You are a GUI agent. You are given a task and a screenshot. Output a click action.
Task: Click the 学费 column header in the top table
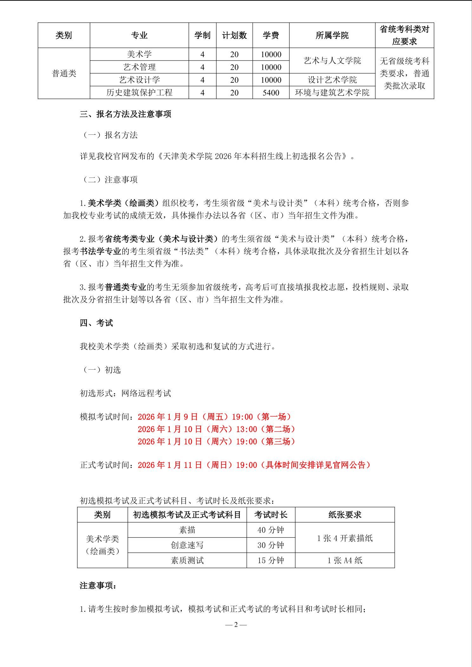coord(271,35)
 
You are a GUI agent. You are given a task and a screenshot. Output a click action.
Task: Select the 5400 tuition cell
coord(271,93)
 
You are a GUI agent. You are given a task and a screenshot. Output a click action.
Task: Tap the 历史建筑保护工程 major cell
coord(139,93)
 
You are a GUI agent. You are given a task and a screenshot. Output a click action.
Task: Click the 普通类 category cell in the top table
coord(64,74)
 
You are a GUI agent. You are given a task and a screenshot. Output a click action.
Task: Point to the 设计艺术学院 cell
coord(332,80)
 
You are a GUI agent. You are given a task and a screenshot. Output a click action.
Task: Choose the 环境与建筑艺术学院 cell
coord(332,93)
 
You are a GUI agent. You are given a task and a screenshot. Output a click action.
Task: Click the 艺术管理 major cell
coord(139,67)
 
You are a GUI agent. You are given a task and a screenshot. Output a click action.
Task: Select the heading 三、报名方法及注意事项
coord(125,114)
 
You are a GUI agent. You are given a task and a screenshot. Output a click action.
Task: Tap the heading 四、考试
coord(96,323)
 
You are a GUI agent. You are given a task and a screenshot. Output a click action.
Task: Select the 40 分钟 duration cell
coord(271,530)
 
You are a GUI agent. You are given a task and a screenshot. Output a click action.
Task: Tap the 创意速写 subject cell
coord(187,545)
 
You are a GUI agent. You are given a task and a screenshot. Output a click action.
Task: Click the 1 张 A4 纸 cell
coord(344,560)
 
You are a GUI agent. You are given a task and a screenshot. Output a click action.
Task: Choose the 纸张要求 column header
coord(344,515)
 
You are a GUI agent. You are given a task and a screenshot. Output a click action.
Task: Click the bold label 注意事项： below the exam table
coord(98,586)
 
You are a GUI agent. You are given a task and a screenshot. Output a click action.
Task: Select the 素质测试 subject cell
coord(187,560)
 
